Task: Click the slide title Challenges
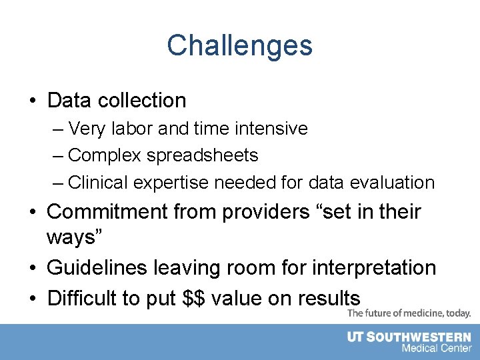(239, 46)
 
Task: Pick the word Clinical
(98, 182)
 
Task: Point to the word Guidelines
(98, 268)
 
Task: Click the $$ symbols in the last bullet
(194, 298)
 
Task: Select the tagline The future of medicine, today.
(409, 313)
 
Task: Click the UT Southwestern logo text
(409, 337)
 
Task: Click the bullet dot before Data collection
(32, 101)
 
